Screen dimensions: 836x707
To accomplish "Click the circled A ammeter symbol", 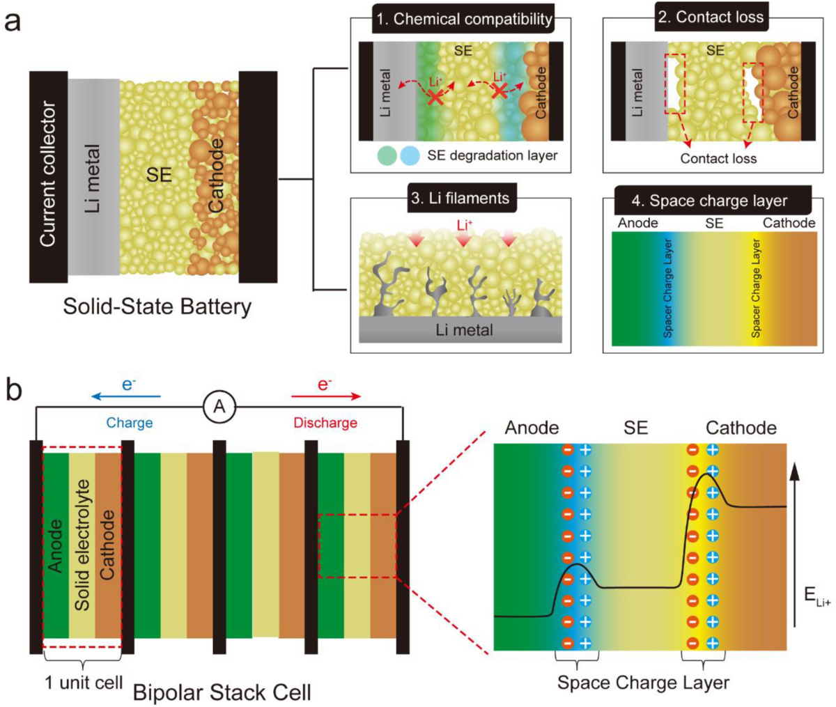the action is point(219,406).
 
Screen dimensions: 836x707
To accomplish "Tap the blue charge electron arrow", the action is point(126,396).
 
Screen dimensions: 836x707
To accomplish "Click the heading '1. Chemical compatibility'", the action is point(463,19).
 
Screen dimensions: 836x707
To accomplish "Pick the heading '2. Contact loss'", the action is point(711,17).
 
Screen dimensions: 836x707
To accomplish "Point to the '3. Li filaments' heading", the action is point(460,199).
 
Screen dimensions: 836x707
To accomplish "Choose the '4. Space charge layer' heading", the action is point(709,201).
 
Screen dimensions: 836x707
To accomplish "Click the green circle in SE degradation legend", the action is point(387,155).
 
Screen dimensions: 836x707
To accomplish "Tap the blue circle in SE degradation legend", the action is point(409,155).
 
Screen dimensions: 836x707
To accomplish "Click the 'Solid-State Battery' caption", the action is point(157,306).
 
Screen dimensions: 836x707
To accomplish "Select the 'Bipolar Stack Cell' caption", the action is point(222,692).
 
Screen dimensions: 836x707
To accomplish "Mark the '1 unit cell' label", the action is point(84,682).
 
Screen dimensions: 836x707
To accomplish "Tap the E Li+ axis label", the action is point(816,596).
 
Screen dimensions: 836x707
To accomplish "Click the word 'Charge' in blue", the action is point(130,423).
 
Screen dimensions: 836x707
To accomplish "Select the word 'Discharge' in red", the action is point(325,423).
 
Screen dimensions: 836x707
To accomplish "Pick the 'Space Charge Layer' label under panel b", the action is point(643,683).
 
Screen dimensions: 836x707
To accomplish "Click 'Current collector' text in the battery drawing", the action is point(47,174).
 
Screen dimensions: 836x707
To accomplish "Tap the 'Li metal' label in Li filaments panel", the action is point(464,329).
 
